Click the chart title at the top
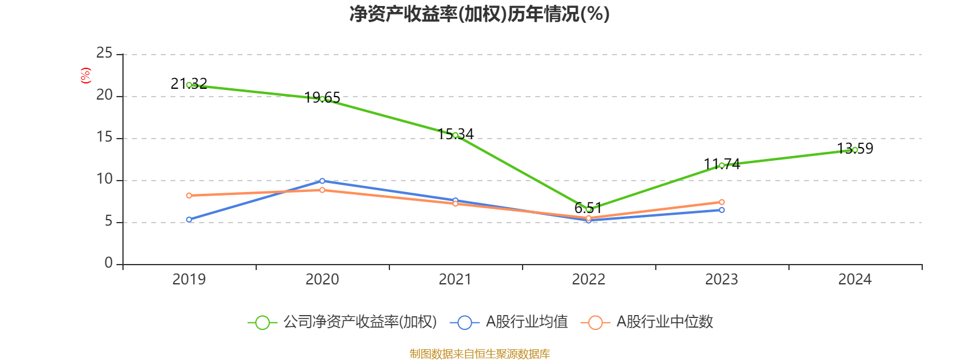(479, 14)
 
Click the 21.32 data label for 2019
(189, 83)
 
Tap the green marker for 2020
(322, 99)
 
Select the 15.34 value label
(455, 134)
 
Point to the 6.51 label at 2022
(588, 208)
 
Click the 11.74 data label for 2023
(722, 164)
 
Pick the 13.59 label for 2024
(855, 148)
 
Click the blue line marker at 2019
(189, 220)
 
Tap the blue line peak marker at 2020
(322, 181)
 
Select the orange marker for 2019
(189, 196)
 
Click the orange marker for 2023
(722, 202)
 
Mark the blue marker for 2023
(722, 210)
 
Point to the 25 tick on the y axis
(104, 53)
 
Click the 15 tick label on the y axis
(104, 137)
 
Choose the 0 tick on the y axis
(109, 263)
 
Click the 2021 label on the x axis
(455, 279)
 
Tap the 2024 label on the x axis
(855, 279)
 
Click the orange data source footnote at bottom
(479, 354)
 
